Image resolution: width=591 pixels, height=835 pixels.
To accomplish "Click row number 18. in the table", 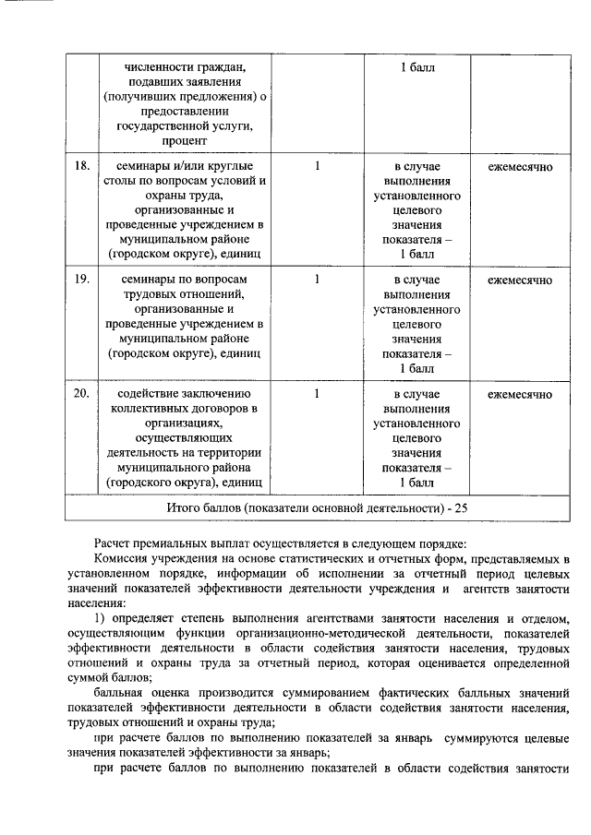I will point(82,167).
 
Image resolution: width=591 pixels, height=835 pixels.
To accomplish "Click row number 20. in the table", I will point(82,394).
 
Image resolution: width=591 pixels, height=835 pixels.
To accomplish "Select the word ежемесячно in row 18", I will point(520,167).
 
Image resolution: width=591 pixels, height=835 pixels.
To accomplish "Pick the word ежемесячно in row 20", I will point(520,394).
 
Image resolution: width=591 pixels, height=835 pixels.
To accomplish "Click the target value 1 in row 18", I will point(317,167).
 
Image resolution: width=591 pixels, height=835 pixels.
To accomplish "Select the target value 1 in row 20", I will point(317,394).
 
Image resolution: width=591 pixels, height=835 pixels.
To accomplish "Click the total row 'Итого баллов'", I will point(319,507).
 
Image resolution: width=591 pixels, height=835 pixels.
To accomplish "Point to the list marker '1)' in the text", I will point(103,616).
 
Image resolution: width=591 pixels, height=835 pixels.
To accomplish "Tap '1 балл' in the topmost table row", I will point(416,68).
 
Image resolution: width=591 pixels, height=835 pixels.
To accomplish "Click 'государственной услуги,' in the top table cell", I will point(186,125).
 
